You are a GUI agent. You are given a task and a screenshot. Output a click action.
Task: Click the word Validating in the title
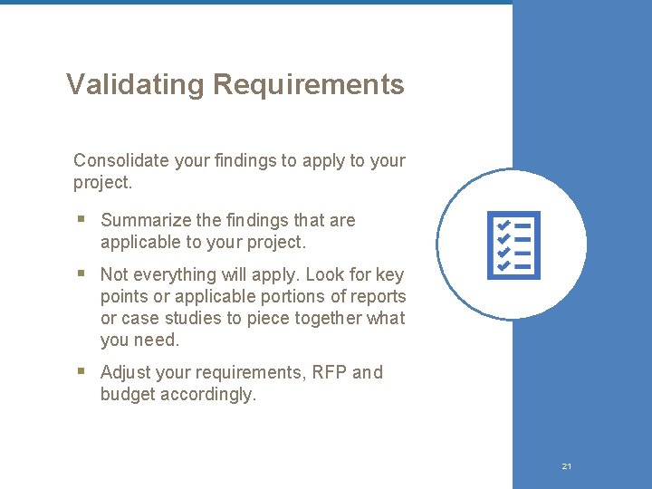136,85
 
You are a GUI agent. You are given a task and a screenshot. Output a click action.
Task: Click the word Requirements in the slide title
308,85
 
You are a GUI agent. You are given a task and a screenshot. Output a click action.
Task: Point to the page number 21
566,466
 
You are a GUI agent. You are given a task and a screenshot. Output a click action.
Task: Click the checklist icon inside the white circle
513,245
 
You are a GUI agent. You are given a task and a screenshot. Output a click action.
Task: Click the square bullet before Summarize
81,220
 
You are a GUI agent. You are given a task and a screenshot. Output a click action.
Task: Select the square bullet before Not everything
81,273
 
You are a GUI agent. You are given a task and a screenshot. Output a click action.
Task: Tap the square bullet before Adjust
81,371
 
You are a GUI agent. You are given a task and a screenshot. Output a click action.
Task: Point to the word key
389,274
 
